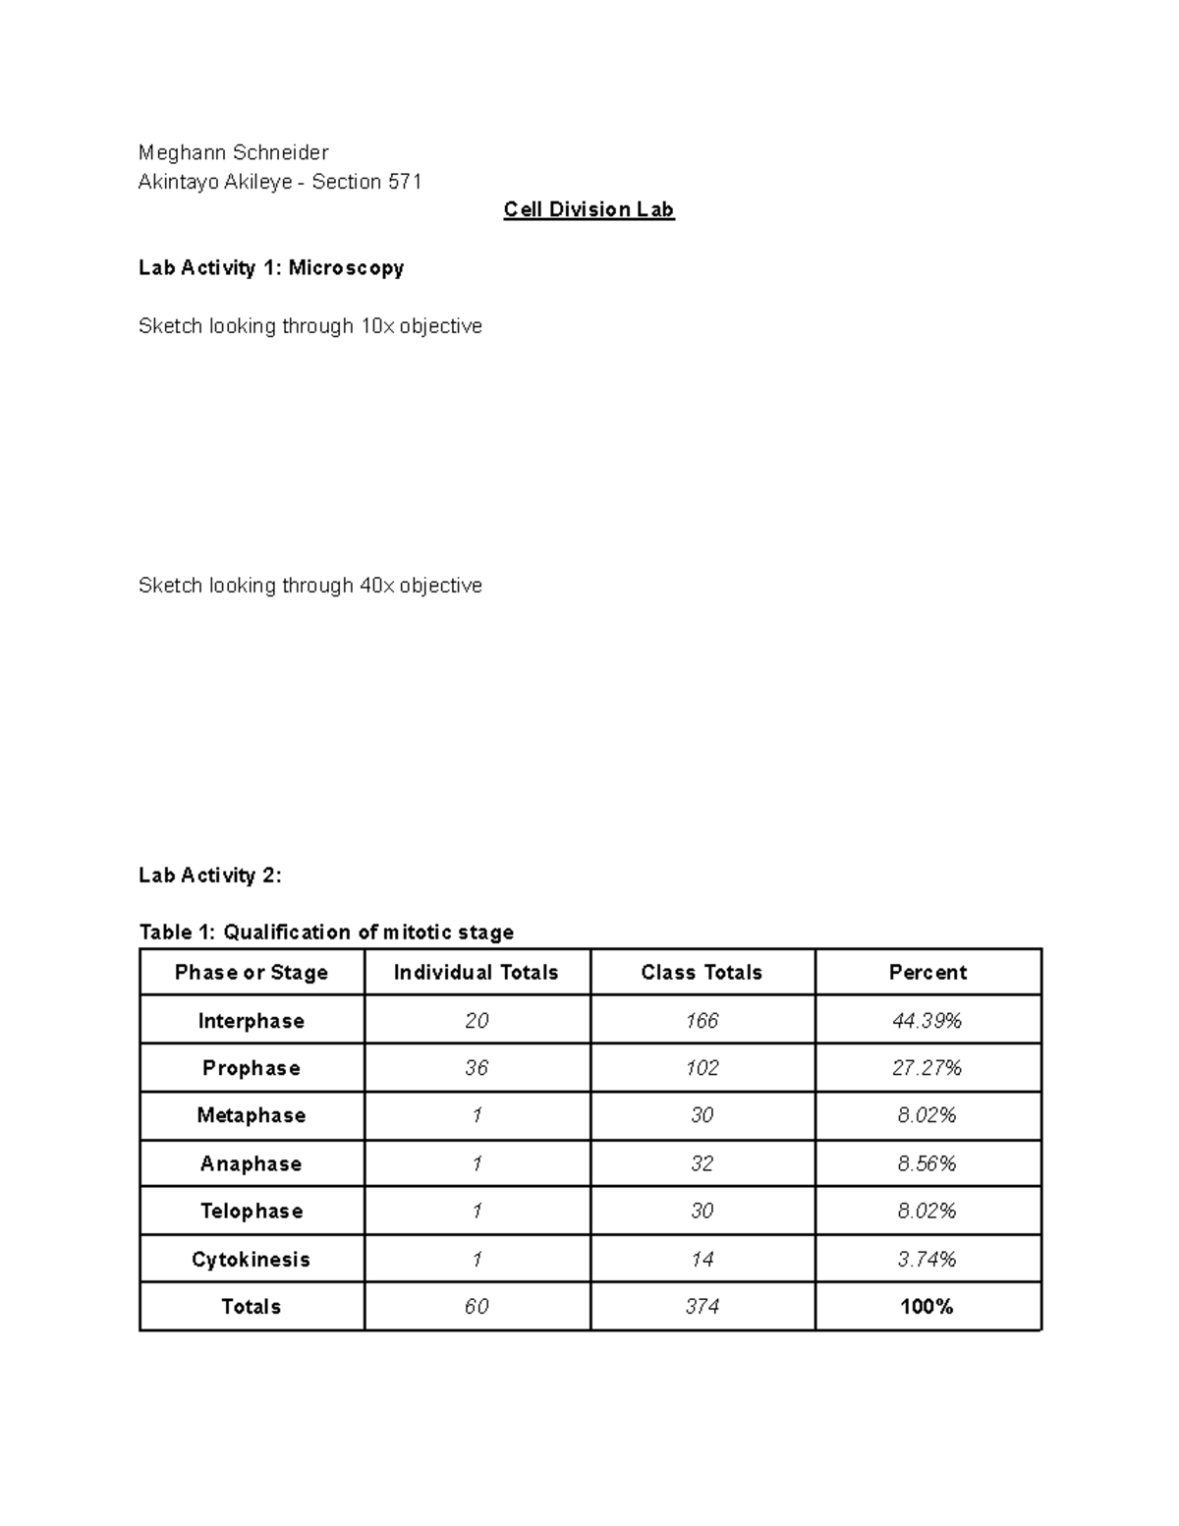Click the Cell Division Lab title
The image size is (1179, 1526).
pos(589,209)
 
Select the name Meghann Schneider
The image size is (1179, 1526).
pos(234,152)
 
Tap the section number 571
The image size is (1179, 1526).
pos(405,182)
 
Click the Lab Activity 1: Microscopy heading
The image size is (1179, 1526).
pos(271,267)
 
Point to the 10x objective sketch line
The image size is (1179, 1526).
pos(310,326)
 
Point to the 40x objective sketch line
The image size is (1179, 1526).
pos(310,586)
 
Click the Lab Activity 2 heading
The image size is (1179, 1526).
pos(210,876)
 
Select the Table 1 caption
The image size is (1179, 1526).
pos(326,932)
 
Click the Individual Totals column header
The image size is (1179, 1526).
pos(477,973)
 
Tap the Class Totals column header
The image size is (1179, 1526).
pos(702,973)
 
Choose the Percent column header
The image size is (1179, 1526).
pos(927,973)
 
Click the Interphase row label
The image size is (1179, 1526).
pos(252,1021)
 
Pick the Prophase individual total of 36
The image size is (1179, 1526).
pos(477,1068)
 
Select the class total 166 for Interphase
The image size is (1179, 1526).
pos(702,1021)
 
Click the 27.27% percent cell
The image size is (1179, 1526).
pos(926,1068)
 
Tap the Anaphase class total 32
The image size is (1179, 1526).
pos(702,1163)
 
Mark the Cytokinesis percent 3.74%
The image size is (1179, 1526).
pos(926,1260)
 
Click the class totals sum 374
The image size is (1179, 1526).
pos(702,1307)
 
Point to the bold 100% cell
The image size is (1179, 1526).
pos(926,1307)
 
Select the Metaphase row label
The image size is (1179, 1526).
pos(252,1115)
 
